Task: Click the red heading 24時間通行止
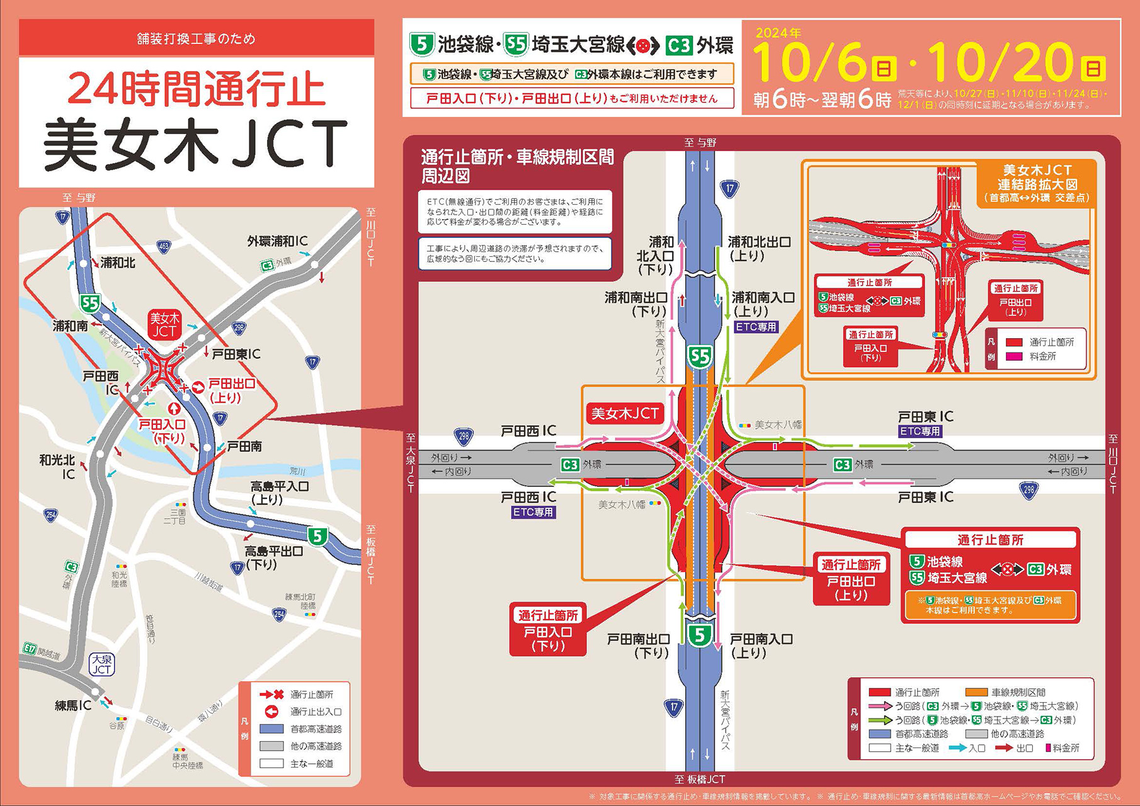pyautogui.click(x=196, y=89)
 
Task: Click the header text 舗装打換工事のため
pyautogui.click(x=196, y=39)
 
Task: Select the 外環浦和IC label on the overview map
pyautogui.click(x=277, y=241)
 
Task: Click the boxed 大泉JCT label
pyautogui.click(x=101, y=664)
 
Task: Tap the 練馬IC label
pyautogui.click(x=72, y=706)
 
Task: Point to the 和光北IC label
pyautogui.click(x=57, y=467)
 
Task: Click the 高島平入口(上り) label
pyautogui.click(x=280, y=493)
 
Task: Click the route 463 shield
pyautogui.click(x=163, y=247)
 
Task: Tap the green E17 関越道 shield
pyautogui.click(x=30, y=649)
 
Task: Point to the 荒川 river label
pyautogui.click(x=297, y=472)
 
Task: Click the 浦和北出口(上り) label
pyautogui.click(x=758, y=249)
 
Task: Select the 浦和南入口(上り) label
pyautogui.click(x=763, y=304)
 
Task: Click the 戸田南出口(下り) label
pyautogui.click(x=638, y=646)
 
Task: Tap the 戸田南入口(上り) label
pyautogui.click(x=761, y=646)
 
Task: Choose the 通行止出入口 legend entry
pyautogui.click(x=316, y=712)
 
